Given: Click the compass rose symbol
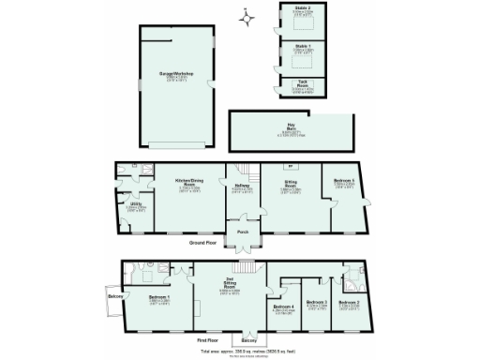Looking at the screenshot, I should (245, 15).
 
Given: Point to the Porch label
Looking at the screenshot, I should (242, 232).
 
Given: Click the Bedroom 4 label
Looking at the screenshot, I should (283, 307).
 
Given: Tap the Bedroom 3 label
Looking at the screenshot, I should (317, 302).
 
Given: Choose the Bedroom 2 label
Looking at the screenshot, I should (350, 302).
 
